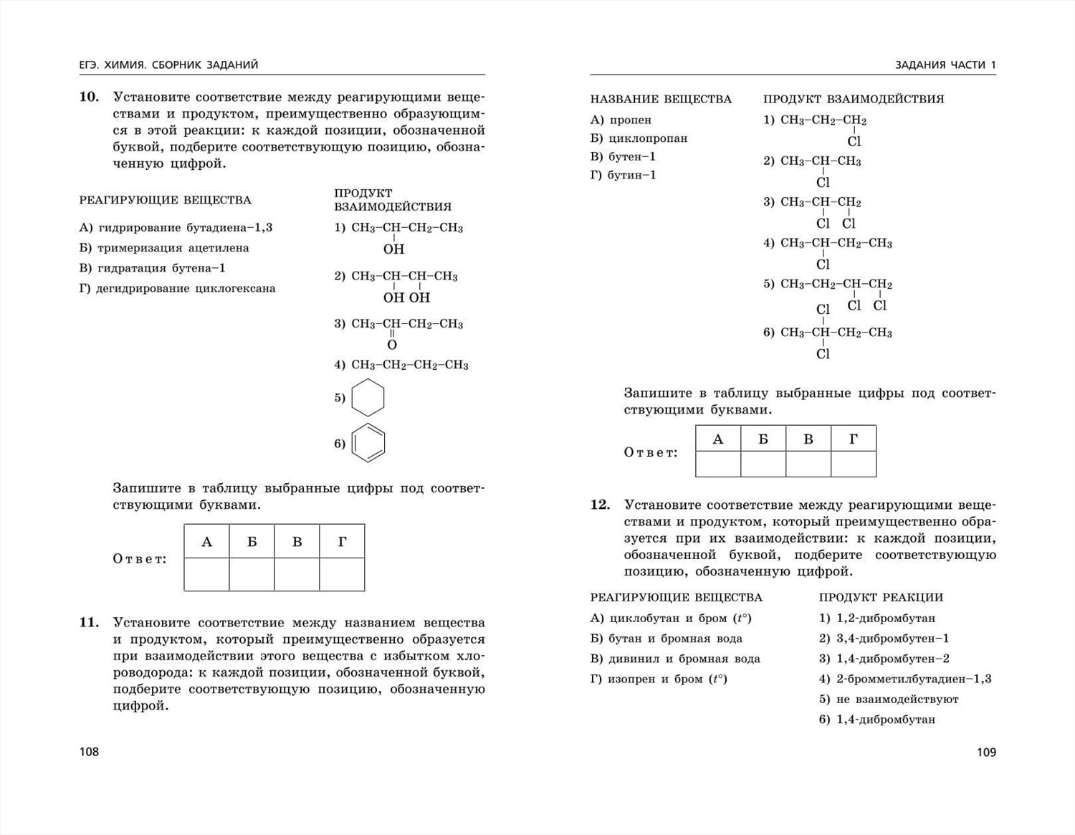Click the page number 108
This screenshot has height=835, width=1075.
89,751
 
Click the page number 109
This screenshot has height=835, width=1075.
986,752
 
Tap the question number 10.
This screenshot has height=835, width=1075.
89,97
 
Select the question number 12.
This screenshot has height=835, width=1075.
600,505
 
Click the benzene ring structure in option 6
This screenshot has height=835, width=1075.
368,443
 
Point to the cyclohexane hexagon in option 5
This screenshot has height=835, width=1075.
368,398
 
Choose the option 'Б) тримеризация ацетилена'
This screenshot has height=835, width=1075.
164,248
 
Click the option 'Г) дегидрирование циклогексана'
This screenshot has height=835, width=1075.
177,288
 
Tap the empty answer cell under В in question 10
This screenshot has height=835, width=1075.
297,574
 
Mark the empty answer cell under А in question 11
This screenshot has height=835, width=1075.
718,464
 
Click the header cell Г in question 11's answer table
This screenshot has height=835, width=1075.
853,439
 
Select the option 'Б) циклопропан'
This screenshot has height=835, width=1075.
639,138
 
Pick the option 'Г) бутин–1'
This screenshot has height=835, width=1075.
623,175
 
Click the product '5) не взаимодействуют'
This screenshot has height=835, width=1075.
889,699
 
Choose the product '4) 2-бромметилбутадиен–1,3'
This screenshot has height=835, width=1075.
905,679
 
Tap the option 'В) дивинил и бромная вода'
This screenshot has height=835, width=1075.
675,659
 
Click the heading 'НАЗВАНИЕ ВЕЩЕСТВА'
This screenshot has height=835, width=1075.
661,99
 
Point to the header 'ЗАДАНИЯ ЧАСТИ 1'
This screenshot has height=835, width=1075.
945,65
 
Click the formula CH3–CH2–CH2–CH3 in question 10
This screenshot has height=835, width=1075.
409,365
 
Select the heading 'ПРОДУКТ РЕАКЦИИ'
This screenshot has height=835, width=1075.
881,597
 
